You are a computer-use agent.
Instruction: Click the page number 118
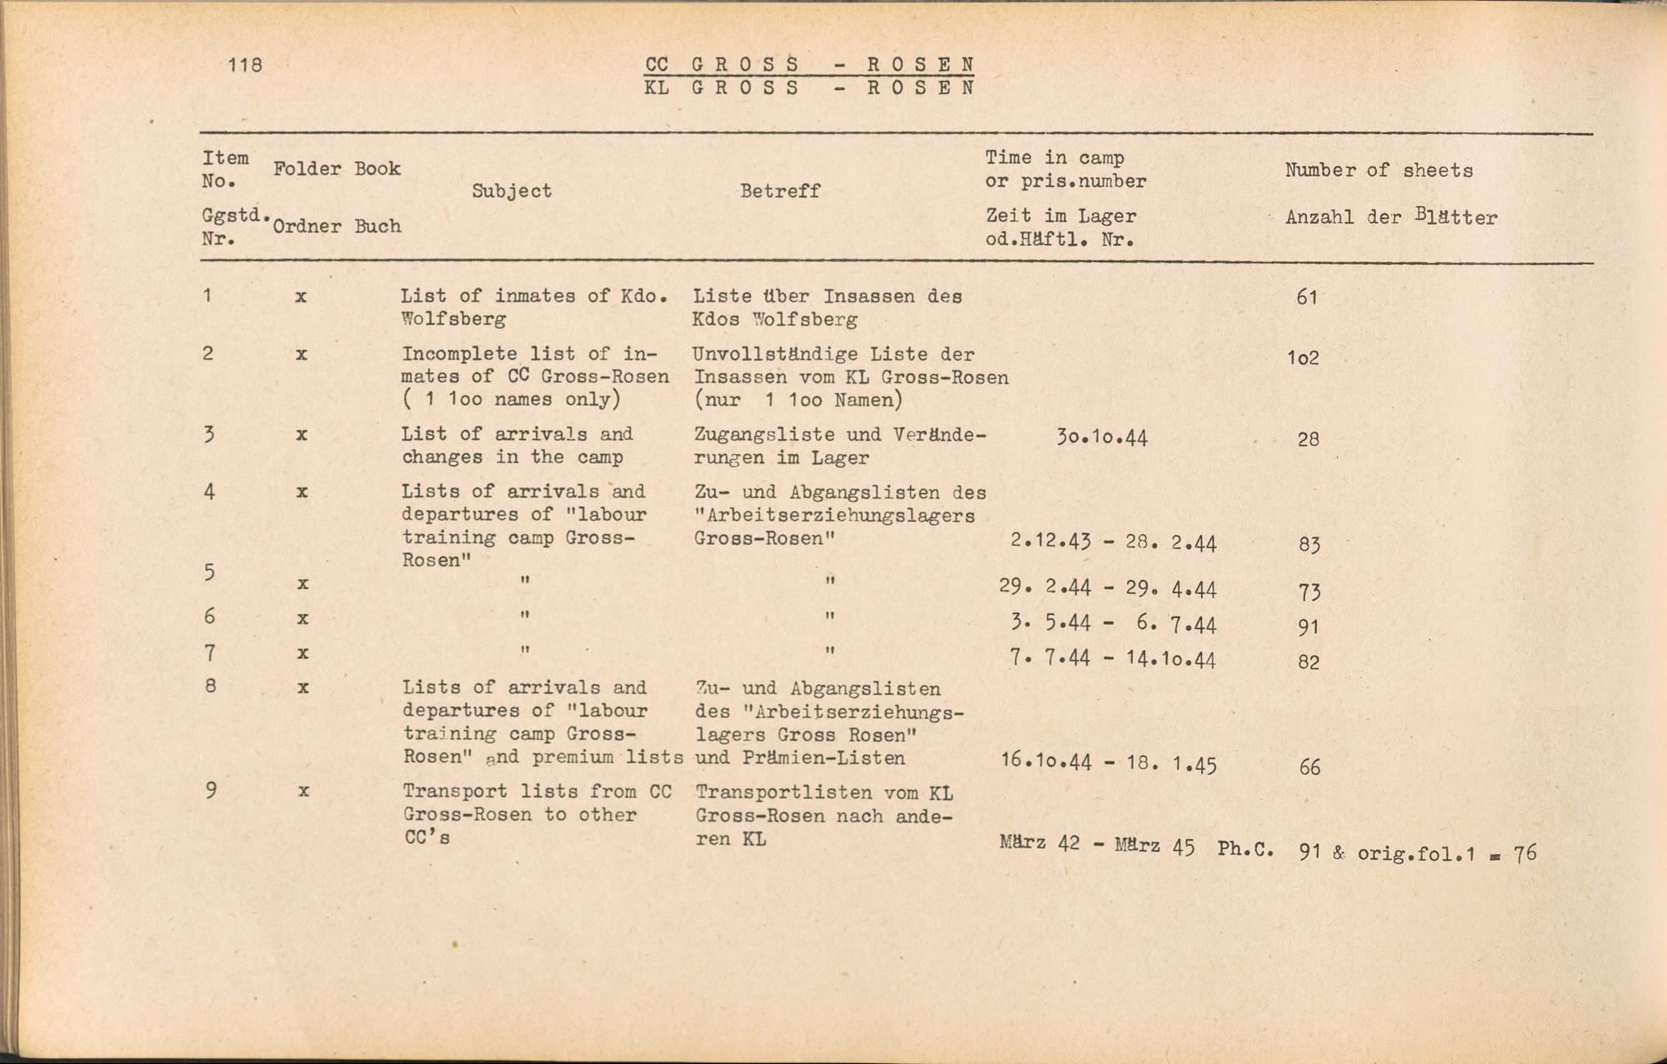245,65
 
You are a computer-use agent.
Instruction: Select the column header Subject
512,191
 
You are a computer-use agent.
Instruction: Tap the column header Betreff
780,191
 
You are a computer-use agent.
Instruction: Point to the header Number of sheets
1379,171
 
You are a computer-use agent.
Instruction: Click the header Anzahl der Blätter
1391,217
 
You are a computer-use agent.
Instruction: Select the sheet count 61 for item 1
1307,297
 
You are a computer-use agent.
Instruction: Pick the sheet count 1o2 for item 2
1303,358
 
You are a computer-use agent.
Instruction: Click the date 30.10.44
1102,438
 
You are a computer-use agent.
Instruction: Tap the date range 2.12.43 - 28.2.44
1113,543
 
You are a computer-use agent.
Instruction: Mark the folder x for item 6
302,618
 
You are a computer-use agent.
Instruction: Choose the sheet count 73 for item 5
1309,592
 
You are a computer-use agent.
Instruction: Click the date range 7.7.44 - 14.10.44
1113,660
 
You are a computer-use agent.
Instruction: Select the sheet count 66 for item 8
1309,767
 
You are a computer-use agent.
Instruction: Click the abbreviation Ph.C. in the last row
1245,849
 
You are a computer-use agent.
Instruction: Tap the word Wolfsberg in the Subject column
453,318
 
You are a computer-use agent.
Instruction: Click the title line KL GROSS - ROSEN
808,87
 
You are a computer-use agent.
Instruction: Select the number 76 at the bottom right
1524,853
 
